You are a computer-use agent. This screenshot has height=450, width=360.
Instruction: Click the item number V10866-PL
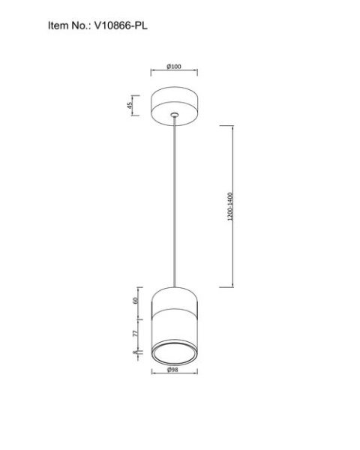121,25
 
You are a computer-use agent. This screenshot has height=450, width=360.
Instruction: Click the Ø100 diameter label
174,66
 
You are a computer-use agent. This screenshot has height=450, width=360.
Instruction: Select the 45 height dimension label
130,105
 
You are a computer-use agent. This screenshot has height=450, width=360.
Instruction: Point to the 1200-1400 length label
230,206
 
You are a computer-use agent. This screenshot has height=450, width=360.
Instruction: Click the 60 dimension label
136,301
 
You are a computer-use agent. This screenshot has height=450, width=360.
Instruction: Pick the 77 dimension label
136,333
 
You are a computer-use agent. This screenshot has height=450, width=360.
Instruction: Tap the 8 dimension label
135,352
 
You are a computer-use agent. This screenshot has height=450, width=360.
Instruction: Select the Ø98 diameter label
172,370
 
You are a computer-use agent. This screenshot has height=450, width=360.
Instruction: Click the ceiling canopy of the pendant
174,106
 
